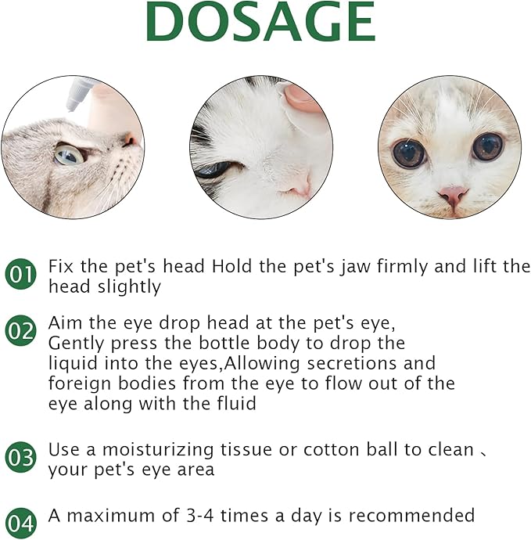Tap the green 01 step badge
(x=21, y=275)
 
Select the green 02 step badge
(x=21, y=331)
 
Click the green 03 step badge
(x=21, y=458)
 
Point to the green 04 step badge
(x=21, y=523)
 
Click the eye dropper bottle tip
(x=72, y=102)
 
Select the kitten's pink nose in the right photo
(x=452, y=194)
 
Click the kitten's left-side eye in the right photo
(x=408, y=153)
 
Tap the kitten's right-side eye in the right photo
(x=486, y=146)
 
